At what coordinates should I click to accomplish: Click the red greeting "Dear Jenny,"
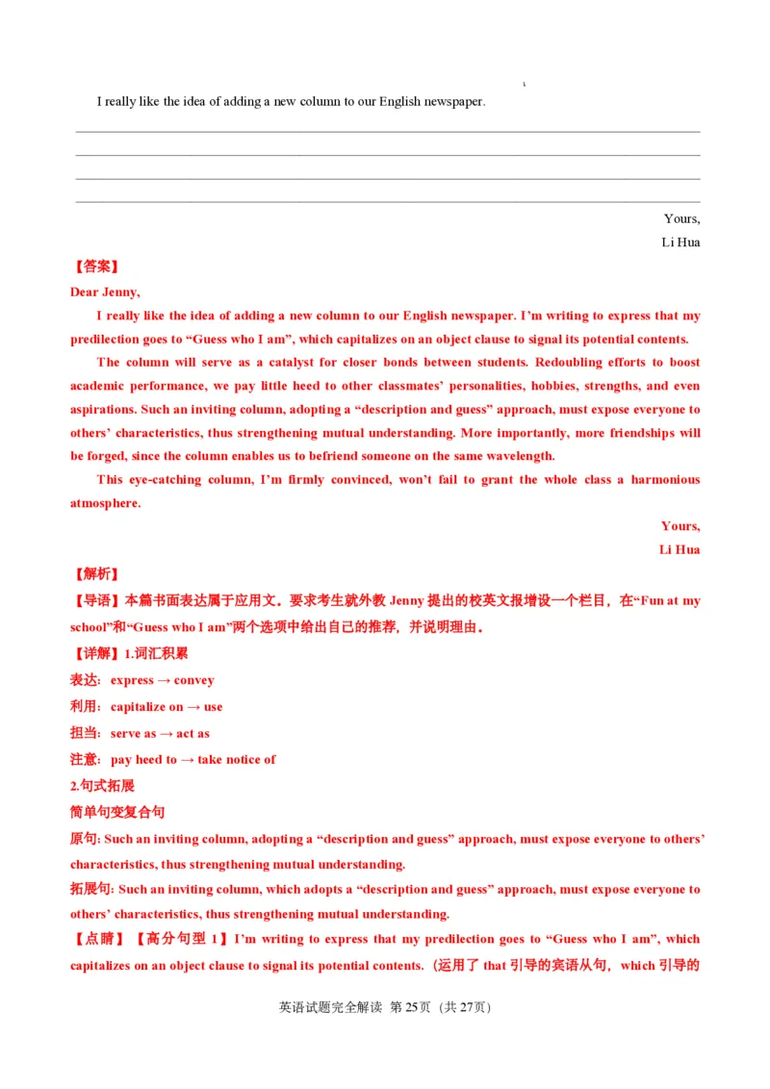[x=105, y=292]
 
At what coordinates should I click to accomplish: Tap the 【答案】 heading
[x=96, y=266]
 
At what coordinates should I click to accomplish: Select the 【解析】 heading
[x=96, y=574]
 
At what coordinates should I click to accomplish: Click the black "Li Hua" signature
[x=680, y=242]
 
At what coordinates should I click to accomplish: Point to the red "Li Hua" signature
[x=680, y=549]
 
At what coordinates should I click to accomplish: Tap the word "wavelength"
[x=519, y=456]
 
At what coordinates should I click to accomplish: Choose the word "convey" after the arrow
[x=194, y=680]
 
